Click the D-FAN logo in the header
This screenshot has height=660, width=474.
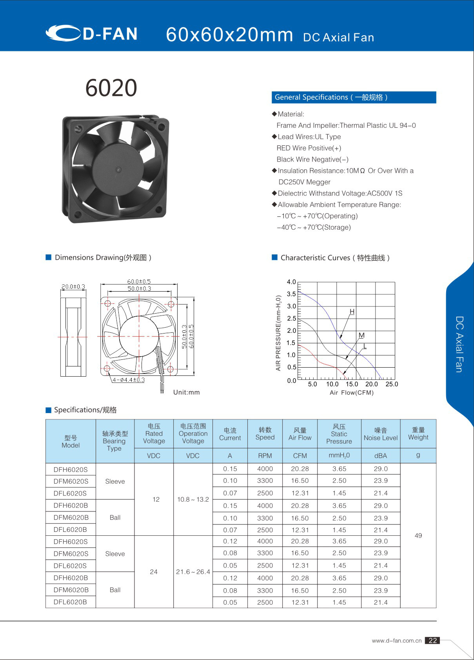point(92,34)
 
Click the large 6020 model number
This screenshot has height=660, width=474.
point(111,88)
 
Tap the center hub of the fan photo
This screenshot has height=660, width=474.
point(118,169)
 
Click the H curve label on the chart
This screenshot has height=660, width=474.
point(352,312)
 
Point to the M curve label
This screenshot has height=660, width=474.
point(361,335)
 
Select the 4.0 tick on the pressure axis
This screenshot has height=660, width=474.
point(291,282)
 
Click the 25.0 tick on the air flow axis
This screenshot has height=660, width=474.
point(392,384)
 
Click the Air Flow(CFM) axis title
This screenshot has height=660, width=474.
point(352,393)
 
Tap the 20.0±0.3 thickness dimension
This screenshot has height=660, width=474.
point(73,286)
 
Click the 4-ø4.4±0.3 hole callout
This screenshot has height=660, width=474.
point(129,380)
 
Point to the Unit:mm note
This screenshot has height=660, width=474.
point(186,392)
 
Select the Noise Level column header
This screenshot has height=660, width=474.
point(380,434)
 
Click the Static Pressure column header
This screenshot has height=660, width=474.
point(339,434)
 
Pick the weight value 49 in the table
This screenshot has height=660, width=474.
point(418,535)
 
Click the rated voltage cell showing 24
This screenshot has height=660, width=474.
point(154,572)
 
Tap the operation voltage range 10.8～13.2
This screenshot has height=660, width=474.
point(193,499)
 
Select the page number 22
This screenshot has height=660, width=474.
point(432,640)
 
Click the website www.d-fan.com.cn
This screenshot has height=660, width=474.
point(396,641)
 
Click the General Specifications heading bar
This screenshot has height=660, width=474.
point(354,97)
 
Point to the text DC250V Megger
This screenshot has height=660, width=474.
point(304,182)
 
